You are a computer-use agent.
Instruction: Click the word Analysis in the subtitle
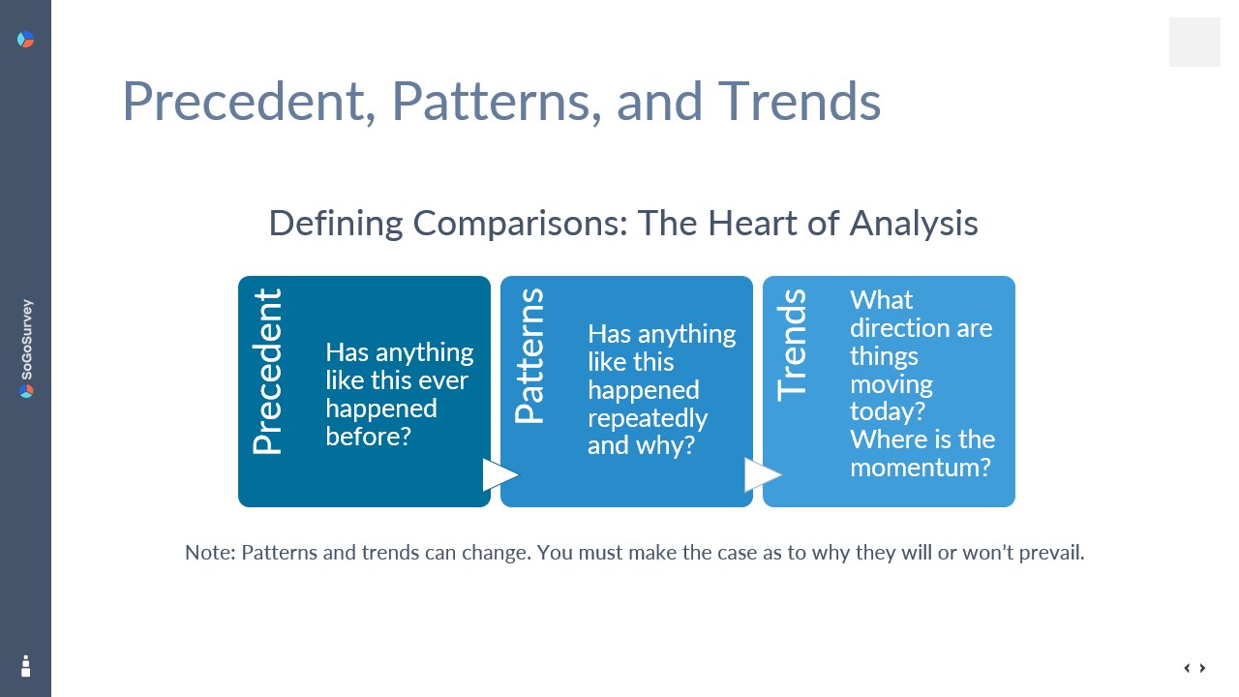(x=914, y=225)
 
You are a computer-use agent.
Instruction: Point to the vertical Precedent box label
(x=267, y=371)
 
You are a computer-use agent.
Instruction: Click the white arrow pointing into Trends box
(x=762, y=474)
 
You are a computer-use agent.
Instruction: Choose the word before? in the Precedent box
(x=369, y=437)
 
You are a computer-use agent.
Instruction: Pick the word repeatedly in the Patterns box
(x=648, y=418)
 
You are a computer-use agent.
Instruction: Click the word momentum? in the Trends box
(x=921, y=468)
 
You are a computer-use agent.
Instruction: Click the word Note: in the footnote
(x=210, y=553)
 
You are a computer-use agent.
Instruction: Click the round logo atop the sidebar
(x=25, y=40)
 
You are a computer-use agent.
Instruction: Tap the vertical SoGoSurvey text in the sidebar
(x=26, y=340)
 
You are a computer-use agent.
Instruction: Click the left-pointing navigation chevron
(x=1187, y=668)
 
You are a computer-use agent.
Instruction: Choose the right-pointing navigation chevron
(x=1202, y=668)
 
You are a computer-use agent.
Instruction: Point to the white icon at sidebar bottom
(x=25, y=666)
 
